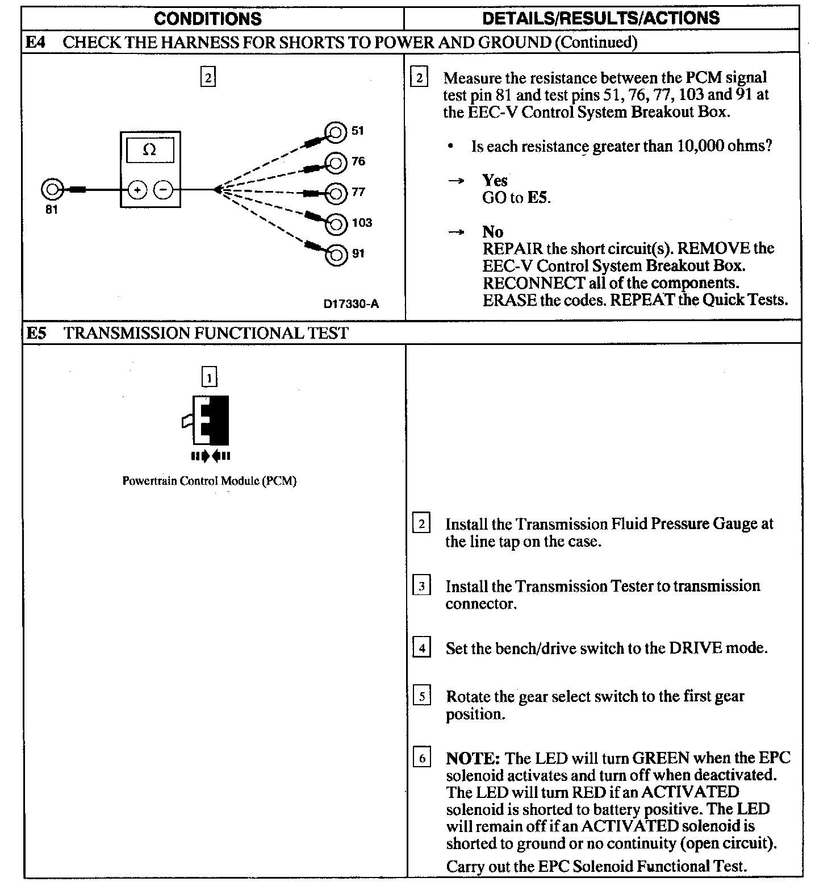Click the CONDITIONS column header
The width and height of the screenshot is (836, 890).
(x=208, y=18)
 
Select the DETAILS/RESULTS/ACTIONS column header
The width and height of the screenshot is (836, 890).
(x=600, y=18)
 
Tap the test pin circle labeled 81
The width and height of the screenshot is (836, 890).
(x=52, y=189)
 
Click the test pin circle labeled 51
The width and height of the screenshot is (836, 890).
(x=335, y=132)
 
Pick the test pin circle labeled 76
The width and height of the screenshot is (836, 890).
(x=335, y=163)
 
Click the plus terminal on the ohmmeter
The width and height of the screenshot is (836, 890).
(x=137, y=190)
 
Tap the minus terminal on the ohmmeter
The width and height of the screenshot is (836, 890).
(x=164, y=190)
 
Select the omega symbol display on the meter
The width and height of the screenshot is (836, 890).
(x=149, y=150)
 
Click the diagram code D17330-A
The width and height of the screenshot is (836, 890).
(x=351, y=304)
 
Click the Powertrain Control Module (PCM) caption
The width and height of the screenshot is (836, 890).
(x=209, y=481)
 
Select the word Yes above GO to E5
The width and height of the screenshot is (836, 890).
(x=495, y=181)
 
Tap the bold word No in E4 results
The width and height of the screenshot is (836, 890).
(x=492, y=232)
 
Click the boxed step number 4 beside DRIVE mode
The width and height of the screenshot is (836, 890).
(x=421, y=648)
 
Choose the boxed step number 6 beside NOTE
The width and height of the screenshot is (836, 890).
(x=421, y=758)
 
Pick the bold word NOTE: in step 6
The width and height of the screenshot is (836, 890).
(x=473, y=758)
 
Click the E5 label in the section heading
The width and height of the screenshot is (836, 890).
(x=37, y=333)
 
